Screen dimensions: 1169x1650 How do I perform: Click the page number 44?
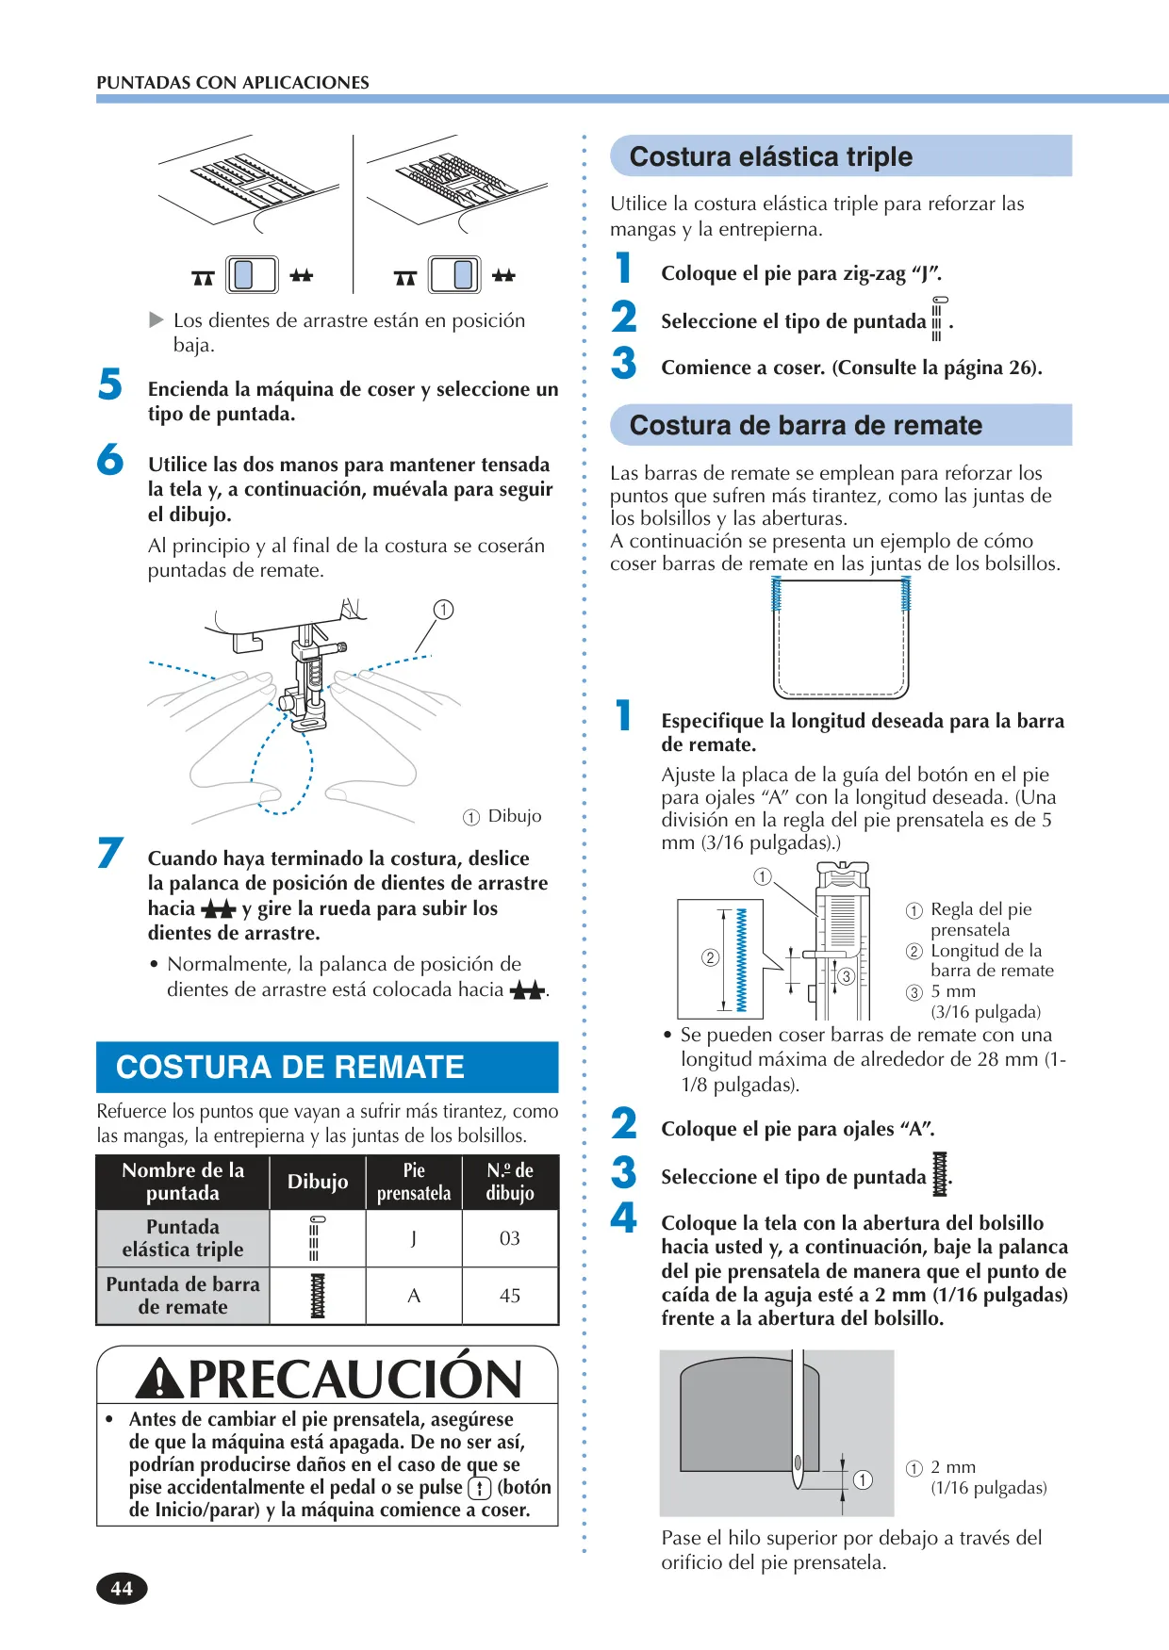point(122,1588)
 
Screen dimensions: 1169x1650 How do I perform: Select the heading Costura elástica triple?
point(771,156)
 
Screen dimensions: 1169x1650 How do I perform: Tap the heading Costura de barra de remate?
point(806,425)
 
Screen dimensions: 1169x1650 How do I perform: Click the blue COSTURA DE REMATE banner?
point(327,1067)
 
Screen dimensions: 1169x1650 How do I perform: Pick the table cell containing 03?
point(510,1238)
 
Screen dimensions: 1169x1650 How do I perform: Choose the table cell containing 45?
point(510,1296)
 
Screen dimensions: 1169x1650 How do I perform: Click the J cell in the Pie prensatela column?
point(414,1238)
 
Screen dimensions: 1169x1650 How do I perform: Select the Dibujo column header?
point(318,1182)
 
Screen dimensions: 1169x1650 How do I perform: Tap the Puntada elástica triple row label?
point(183,1238)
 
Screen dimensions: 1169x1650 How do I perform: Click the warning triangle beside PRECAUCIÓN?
point(160,1379)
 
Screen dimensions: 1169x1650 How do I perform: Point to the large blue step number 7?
point(110,852)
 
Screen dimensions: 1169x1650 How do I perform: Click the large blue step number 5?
point(110,384)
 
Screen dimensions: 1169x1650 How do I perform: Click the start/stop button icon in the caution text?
point(480,1487)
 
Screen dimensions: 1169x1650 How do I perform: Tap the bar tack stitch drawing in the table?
point(318,1296)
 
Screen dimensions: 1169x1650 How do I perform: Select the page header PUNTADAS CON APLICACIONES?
point(233,82)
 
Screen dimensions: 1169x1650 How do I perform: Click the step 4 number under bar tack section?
point(623,1217)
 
